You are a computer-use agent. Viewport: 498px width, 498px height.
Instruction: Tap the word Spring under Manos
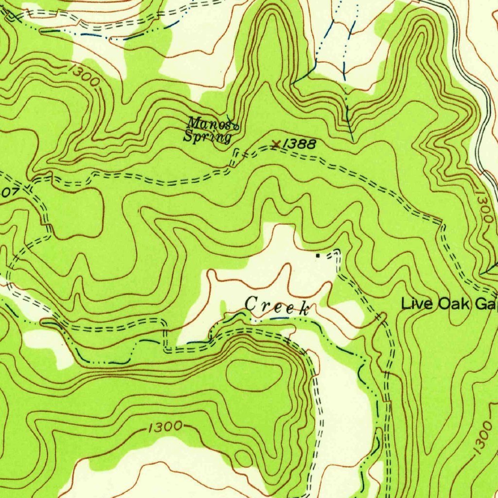tap(207, 137)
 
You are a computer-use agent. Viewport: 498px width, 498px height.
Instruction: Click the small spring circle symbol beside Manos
tap(236, 127)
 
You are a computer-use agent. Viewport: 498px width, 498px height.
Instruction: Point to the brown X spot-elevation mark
tap(276, 144)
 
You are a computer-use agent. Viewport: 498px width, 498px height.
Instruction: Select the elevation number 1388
tap(299, 143)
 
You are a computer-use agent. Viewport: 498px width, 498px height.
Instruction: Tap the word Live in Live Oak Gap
tap(418, 304)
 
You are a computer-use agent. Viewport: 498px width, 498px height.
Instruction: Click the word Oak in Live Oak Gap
tap(454, 304)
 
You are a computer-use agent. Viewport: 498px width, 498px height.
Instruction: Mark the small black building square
tap(318, 254)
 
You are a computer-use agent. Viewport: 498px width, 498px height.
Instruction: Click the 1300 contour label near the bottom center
tap(164, 427)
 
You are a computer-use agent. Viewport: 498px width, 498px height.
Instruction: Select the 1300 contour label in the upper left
tap(84, 76)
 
